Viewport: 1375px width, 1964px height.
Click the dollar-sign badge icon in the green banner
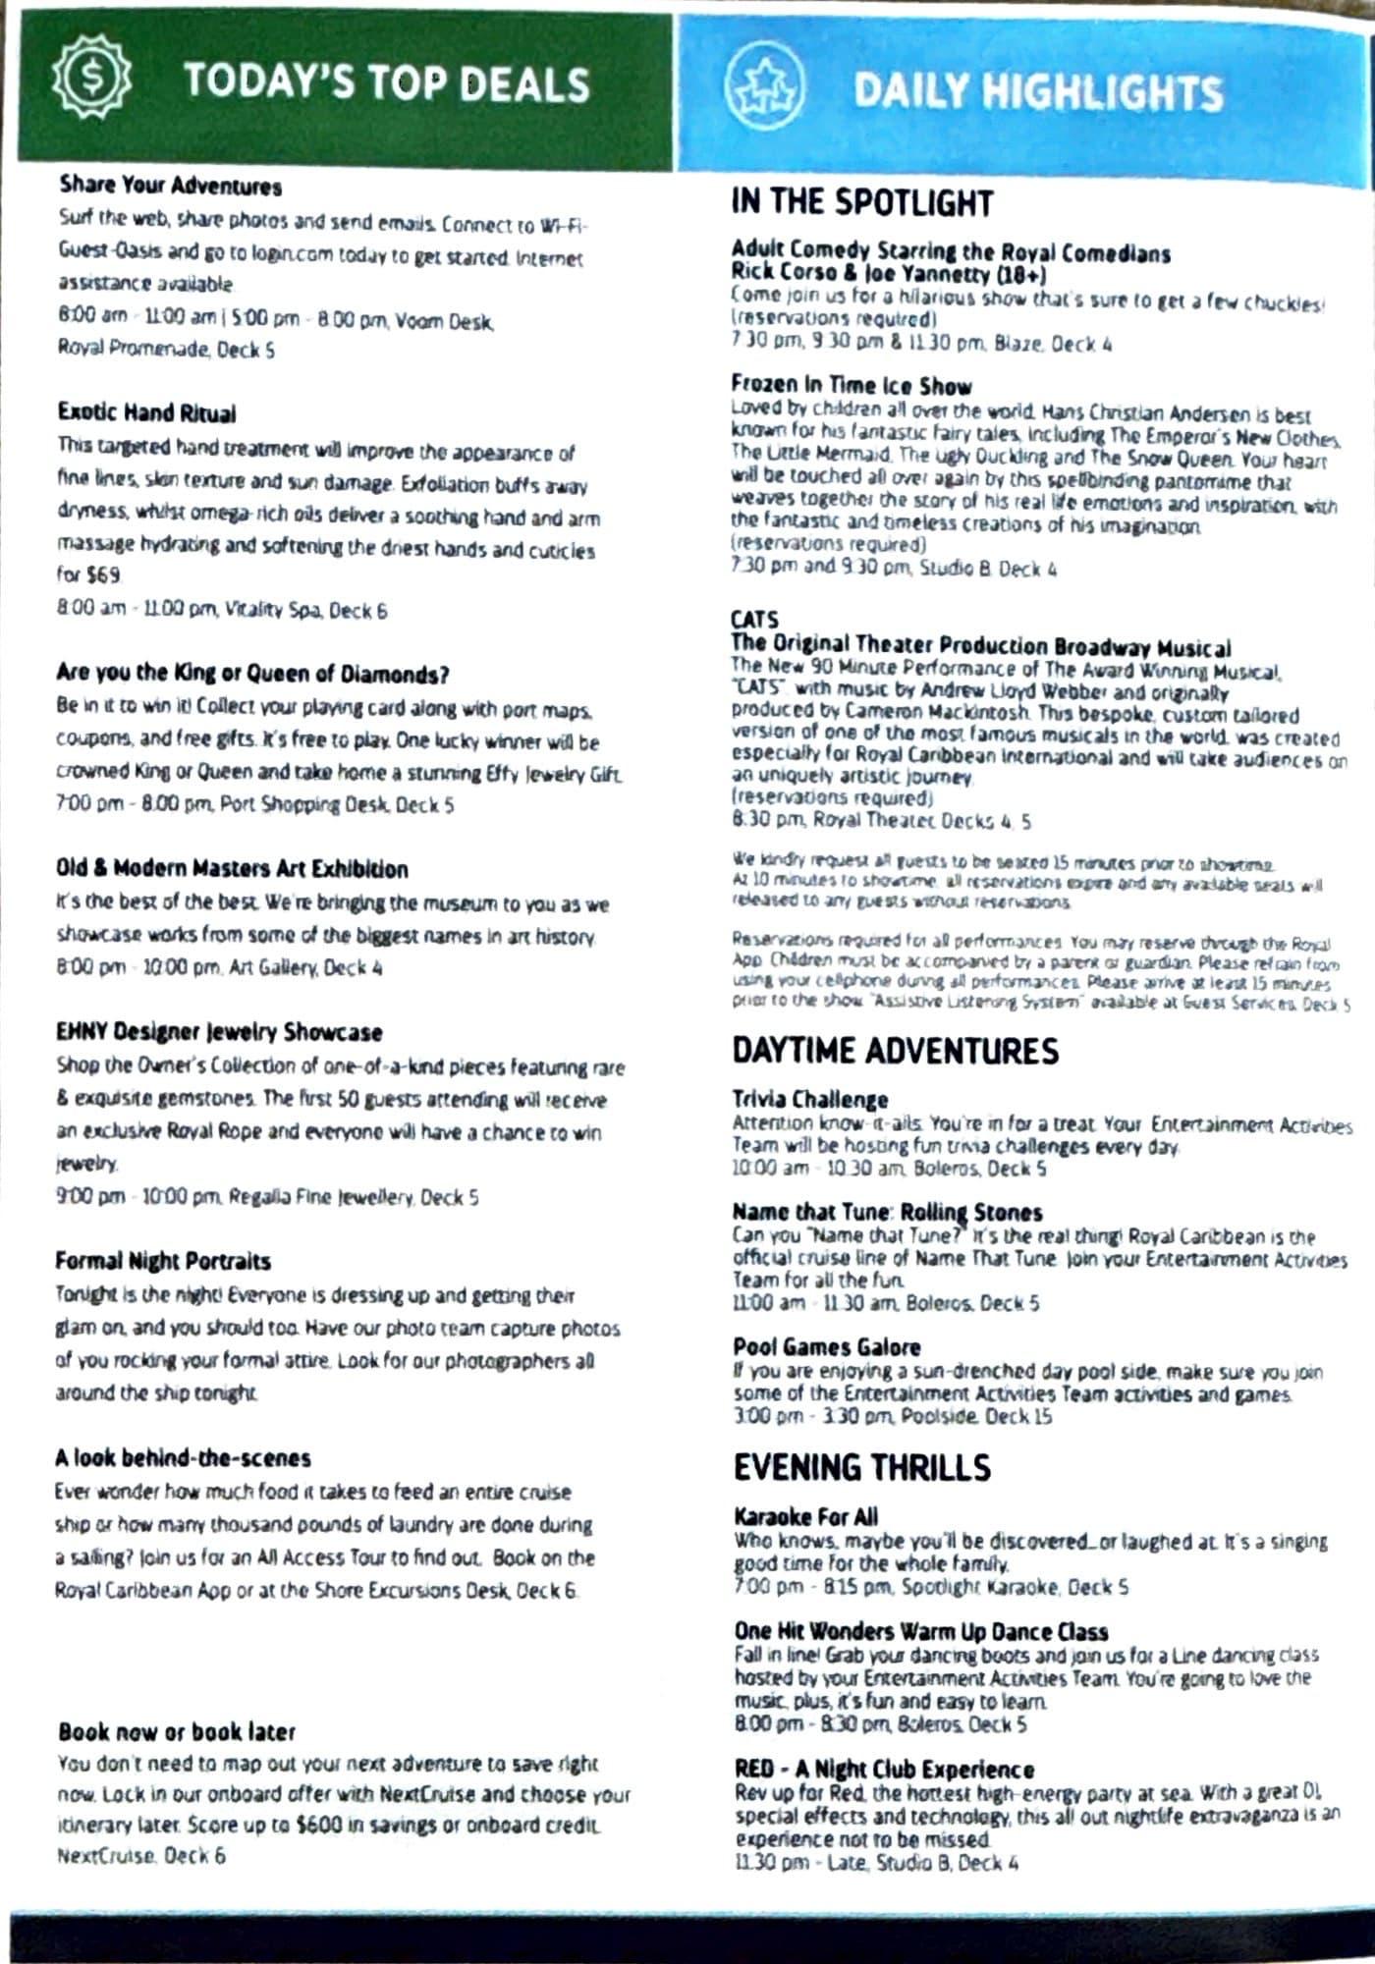tap(90, 82)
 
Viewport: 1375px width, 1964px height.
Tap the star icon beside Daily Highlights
tap(764, 86)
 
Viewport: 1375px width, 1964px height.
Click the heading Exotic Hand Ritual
tap(146, 412)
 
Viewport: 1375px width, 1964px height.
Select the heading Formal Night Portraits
tap(163, 1261)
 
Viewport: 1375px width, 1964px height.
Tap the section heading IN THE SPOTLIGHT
tap(861, 203)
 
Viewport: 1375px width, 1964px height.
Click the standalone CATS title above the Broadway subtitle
tap(754, 620)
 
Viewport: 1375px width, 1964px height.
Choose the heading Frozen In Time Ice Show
tap(851, 385)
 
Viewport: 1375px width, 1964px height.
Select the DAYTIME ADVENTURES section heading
tap(895, 1051)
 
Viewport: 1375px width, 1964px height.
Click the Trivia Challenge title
tap(809, 1099)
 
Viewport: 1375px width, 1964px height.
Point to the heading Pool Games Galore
tap(826, 1346)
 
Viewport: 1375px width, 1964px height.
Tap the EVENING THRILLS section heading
tap(861, 1467)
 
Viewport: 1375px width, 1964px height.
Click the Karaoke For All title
tap(805, 1516)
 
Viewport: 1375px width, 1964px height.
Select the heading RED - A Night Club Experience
tap(884, 1769)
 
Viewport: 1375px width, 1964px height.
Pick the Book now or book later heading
tap(177, 1731)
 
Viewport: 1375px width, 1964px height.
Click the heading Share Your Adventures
tap(170, 186)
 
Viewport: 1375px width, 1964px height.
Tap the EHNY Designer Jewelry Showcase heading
tap(219, 1032)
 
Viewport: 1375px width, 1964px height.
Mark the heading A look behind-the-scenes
tap(183, 1458)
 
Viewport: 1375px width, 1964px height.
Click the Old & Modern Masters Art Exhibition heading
tap(232, 869)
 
